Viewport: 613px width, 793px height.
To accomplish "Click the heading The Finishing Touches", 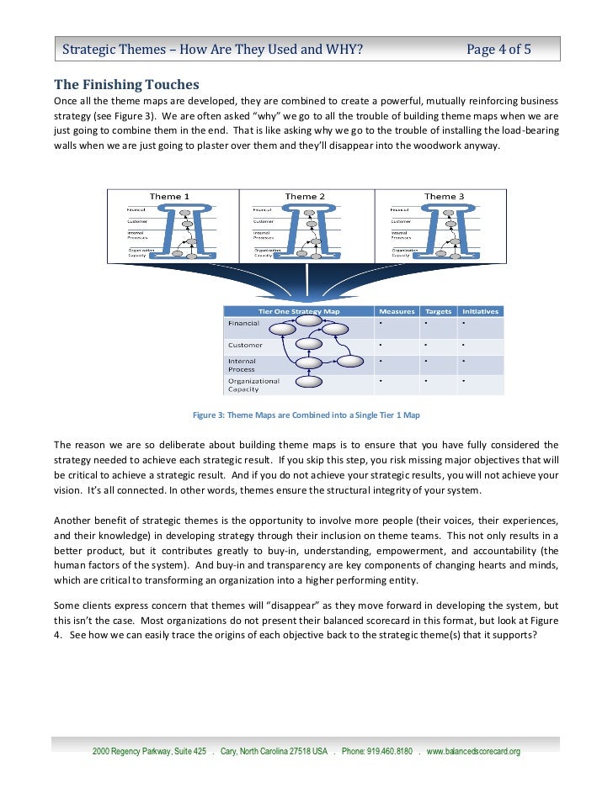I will [126, 84].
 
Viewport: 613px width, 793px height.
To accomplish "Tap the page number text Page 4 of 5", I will [498, 49].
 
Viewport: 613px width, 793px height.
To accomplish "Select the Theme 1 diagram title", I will [169, 197].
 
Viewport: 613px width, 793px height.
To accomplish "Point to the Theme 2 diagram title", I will [305, 197].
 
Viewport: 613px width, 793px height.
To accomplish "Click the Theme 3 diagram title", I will [444, 197].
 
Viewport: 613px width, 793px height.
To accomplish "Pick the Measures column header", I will [397, 311].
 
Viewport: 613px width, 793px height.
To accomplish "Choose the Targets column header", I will [438, 311].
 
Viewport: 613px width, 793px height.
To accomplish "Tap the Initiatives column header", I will [480, 311].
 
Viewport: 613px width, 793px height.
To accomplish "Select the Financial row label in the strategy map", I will [245, 323].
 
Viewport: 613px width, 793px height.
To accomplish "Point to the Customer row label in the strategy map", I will [245, 345].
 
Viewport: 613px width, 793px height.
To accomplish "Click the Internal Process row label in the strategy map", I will [243, 365].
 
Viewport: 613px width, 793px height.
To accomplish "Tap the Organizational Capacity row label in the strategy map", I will [254, 385].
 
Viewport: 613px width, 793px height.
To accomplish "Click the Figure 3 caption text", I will [306, 415].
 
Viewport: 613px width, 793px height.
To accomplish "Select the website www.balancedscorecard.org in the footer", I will [474, 752].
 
